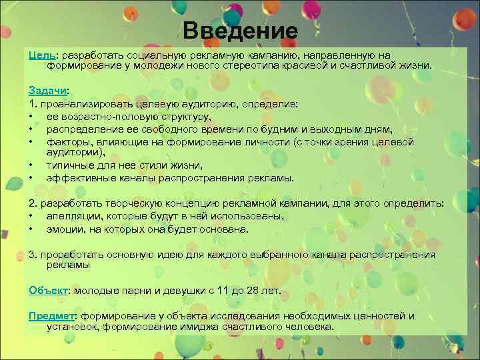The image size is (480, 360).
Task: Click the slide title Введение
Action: (x=240, y=31)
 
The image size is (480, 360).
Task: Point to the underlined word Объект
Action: (x=49, y=291)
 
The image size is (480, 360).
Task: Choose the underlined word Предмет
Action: (x=53, y=316)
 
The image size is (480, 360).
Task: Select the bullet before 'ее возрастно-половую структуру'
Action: (x=31, y=117)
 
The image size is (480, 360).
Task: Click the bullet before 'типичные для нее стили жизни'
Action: (x=31, y=165)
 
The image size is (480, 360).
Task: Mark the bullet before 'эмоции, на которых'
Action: (x=31, y=229)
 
